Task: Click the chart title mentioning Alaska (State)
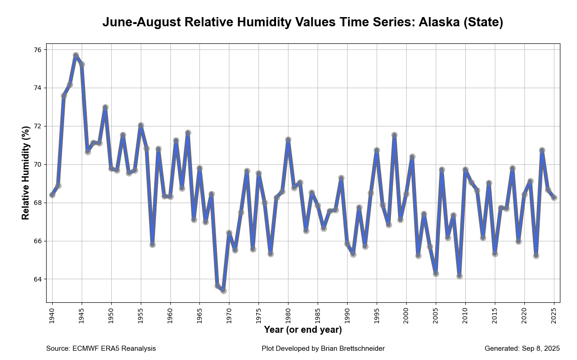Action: point(302,22)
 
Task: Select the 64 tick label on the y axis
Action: point(37,279)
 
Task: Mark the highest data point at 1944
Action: point(76,55)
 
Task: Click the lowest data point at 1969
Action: point(223,291)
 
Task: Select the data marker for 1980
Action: point(288,139)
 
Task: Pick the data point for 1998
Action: point(394,135)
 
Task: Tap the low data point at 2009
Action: point(459,276)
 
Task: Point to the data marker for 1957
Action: point(152,245)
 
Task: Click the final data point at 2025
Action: point(554,198)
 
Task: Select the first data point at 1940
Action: point(52,195)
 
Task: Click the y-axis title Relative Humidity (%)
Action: point(26,173)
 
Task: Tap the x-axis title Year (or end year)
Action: point(303,330)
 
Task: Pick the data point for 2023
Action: point(542,150)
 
